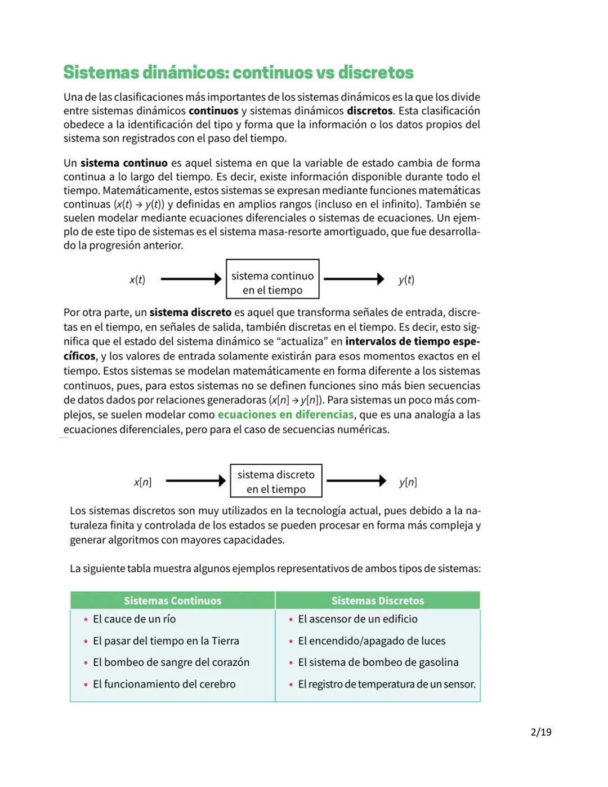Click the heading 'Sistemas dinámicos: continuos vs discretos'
click(238, 73)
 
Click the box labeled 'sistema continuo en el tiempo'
click(272, 279)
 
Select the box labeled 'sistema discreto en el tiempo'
click(276, 481)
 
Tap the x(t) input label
click(137, 280)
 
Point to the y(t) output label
click(406, 280)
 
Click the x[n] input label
click(142, 482)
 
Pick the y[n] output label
click(408, 482)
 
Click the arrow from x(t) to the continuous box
click(191, 279)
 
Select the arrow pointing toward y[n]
click(356, 481)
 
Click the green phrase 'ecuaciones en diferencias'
click(285, 415)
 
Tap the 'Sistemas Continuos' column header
click(172, 601)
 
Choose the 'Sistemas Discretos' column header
click(377, 601)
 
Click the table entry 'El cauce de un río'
click(134, 619)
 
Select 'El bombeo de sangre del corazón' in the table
click(171, 662)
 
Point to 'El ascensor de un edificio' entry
click(357, 619)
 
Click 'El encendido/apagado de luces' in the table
click(372, 641)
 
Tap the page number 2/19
click(541, 732)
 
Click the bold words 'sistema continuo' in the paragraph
click(124, 163)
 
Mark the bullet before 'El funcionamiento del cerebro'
click(86, 685)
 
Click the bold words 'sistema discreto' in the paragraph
click(190, 313)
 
